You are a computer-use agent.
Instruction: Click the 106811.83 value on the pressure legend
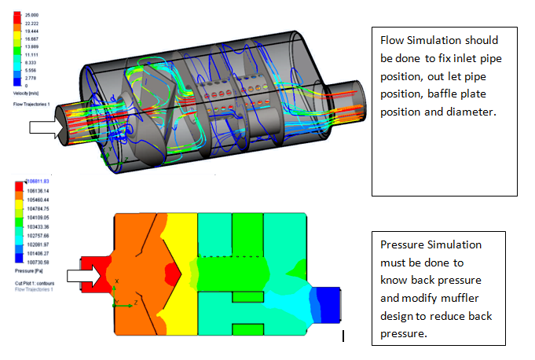point(35,181)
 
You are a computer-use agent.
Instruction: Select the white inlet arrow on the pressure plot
point(84,275)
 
